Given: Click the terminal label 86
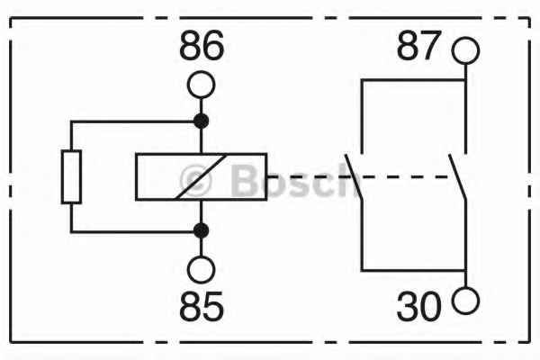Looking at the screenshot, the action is pos(202,45).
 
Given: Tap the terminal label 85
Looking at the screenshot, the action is pos(202,306).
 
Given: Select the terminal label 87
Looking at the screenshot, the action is pos(418,45).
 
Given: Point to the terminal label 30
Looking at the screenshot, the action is pos(418,306).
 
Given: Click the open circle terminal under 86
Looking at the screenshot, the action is pos(202,85).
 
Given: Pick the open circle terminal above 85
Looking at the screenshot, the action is pos(202,270).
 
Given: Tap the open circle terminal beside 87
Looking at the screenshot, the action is pos(465,50).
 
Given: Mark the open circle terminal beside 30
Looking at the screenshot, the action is pos(465,301).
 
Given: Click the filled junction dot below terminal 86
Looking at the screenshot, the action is pos(202,121).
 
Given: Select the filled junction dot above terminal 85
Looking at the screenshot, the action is pos(202,230).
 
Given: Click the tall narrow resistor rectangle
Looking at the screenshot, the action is pos(71,176).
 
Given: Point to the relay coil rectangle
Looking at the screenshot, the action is pos(202,176).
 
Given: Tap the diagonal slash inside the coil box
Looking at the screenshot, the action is pos(201,176).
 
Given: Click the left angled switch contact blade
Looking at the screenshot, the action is pos(354,176).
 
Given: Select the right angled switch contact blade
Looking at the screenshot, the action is pos(457,176).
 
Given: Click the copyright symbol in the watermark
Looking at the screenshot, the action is pos(195,181).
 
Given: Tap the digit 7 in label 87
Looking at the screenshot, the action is pos(430,45).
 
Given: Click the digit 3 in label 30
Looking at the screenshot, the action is pos(407,306).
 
